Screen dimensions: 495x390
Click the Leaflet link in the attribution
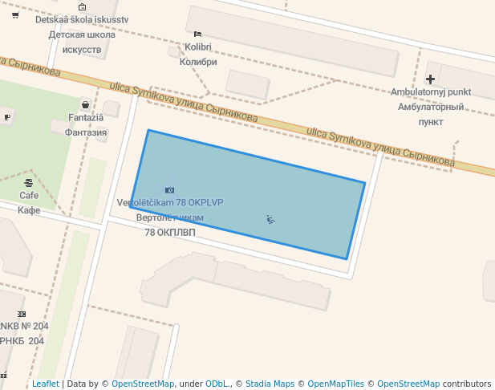pos(45,384)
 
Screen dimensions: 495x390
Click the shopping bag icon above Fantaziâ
pos(85,104)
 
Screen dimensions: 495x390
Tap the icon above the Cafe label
pos(29,183)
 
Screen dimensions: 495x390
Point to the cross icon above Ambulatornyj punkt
pos(431,79)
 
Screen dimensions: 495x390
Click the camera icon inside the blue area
pos(169,189)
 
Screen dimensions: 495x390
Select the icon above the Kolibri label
pos(197,34)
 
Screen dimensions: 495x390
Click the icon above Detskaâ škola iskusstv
pos(82,6)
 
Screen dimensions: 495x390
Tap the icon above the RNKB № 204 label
pos(22,314)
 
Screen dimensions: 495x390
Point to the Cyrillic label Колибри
pos(198,62)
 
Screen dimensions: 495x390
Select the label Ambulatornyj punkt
pos(431,91)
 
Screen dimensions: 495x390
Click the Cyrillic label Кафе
pos(29,210)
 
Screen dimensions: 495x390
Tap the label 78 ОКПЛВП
pos(169,233)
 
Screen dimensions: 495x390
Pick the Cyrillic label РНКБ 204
pos(22,341)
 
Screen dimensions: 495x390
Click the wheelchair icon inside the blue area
pos(270,219)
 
